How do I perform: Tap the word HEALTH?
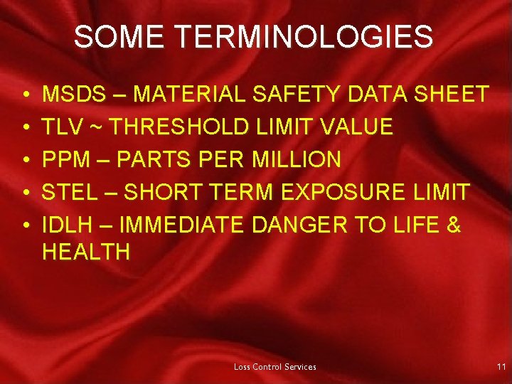pyautogui.click(x=86, y=251)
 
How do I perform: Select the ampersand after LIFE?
pyautogui.click(x=453, y=226)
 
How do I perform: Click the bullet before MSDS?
pyautogui.click(x=24, y=95)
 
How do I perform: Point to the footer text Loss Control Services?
pyautogui.click(x=275, y=367)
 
